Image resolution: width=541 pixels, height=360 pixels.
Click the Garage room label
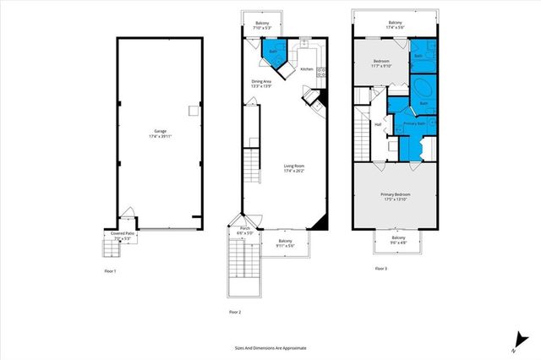point(160,131)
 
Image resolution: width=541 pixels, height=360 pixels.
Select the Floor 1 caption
point(109,270)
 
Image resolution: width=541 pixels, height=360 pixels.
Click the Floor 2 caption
point(234,313)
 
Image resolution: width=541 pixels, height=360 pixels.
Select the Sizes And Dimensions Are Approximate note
point(270,347)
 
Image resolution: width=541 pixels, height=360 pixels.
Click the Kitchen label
point(306,69)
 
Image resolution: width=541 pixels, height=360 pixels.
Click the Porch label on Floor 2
point(245,228)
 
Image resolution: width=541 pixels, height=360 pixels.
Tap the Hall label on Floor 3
point(377,125)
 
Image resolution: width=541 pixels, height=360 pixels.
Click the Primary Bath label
point(414,124)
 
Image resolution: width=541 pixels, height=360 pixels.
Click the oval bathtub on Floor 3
point(421,89)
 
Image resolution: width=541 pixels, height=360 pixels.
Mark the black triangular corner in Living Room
point(319,221)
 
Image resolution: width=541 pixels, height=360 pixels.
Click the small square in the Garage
point(193,111)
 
